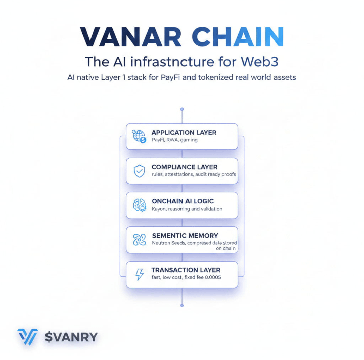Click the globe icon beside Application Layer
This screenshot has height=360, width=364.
(139, 136)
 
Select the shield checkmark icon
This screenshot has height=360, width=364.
(139, 171)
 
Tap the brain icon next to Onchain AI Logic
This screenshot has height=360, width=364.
(139, 205)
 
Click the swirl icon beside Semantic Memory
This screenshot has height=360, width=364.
(139, 240)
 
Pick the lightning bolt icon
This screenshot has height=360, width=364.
(139, 274)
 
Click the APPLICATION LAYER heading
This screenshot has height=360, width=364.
(184, 132)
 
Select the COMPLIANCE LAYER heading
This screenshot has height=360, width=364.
(185, 167)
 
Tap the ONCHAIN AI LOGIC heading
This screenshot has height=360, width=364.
(183, 201)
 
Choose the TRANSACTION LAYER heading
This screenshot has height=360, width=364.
(186, 270)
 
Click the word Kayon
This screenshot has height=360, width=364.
(160, 209)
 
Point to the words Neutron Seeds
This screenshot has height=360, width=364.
(170, 243)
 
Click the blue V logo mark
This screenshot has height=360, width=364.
(27, 337)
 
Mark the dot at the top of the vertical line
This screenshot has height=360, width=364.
(182, 109)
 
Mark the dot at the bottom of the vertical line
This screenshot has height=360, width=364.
(182, 305)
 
